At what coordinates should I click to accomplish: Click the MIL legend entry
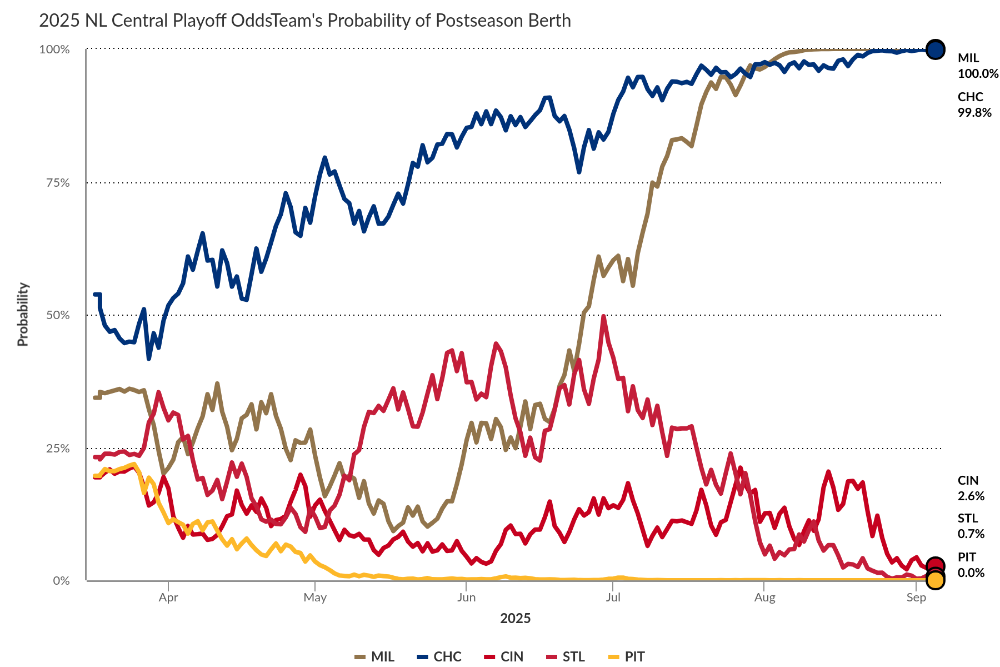click(x=375, y=656)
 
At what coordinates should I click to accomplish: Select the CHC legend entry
click(x=439, y=656)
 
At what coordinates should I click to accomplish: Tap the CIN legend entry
click(x=504, y=656)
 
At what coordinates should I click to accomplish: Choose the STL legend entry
click(x=567, y=656)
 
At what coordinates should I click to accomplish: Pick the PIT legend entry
click(x=627, y=656)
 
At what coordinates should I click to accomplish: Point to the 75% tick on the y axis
click(x=58, y=183)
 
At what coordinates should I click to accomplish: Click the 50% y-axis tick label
click(x=58, y=315)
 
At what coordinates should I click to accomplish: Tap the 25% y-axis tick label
click(x=58, y=448)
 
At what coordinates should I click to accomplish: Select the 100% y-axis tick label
click(x=54, y=49)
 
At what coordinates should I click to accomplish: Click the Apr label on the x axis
click(x=168, y=598)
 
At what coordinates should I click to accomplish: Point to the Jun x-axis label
click(x=466, y=598)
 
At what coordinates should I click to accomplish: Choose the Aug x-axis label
click(x=764, y=598)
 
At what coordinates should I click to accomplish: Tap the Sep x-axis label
click(x=916, y=598)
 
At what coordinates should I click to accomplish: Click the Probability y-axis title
click(x=23, y=315)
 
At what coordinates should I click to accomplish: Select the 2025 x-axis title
click(x=515, y=619)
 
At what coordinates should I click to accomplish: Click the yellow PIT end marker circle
click(x=935, y=580)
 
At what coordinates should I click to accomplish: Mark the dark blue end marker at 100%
click(x=935, y=49)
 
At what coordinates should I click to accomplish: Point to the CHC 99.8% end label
click(x=974, y=104)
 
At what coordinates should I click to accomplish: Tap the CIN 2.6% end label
click(x=971, y=488)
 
